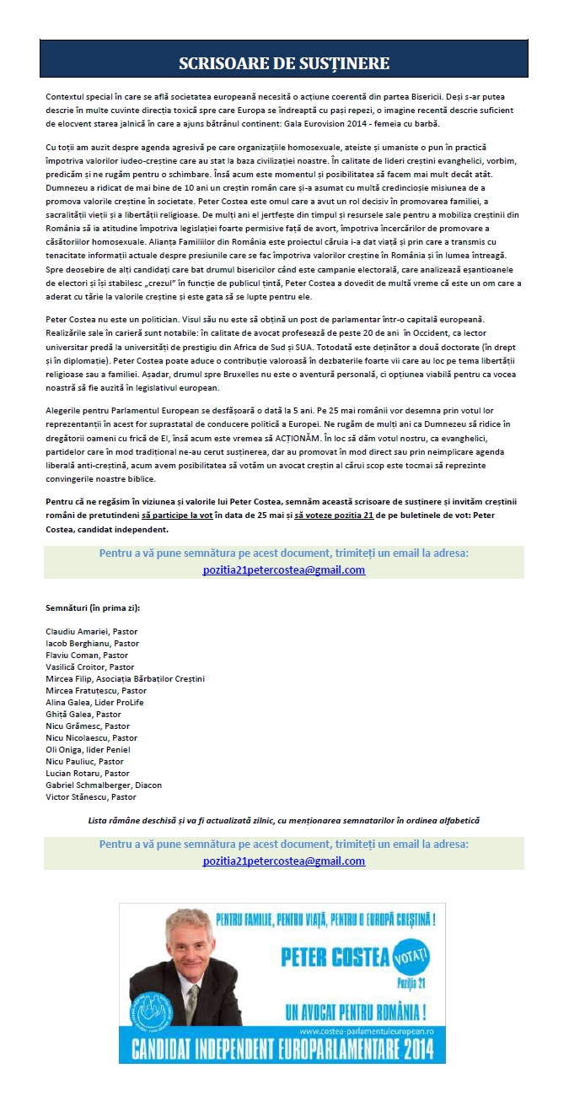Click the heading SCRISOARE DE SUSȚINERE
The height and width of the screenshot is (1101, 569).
pos(284,64)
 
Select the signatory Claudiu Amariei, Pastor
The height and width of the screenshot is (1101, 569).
pos(92,631)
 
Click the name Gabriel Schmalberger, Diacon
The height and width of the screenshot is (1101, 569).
pos(104,785)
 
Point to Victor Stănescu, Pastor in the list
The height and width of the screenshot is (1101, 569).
pos(90,796)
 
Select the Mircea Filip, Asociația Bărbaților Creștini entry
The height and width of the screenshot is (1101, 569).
pos(126,678)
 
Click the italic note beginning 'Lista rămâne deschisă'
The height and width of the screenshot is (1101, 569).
pos(284,820)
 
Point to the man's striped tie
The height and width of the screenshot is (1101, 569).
pos(192,1003)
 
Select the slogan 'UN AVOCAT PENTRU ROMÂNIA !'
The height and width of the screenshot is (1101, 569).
pos(355,1010)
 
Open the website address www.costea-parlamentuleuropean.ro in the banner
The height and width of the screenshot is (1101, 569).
pos(366,1031)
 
